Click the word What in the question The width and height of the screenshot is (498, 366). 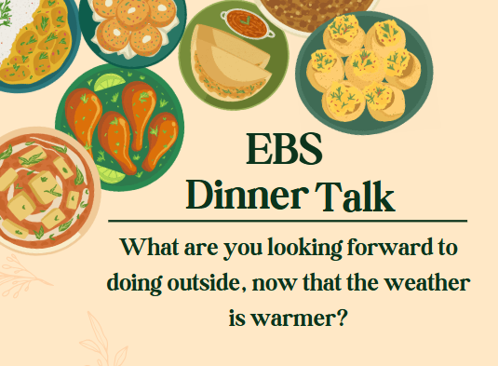click(x=153, y=250)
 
